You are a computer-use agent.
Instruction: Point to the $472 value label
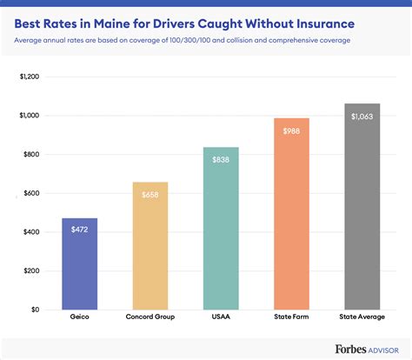pyautogui.click(x=79, y=230)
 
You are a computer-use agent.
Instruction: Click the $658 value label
pyautogui.click(x=150, y=194)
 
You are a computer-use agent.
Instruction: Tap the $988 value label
pyautogui.click(x=291, y=130)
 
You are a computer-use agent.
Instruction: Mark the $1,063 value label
pyautogui.click(x=362, y=117)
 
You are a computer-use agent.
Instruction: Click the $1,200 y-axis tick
pyautogui.click(x=29, y=77)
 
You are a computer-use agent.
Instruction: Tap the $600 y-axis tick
pyautogui.click(x=30, y=193)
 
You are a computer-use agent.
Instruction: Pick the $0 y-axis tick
pyautogui.click(x=35, y=309)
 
